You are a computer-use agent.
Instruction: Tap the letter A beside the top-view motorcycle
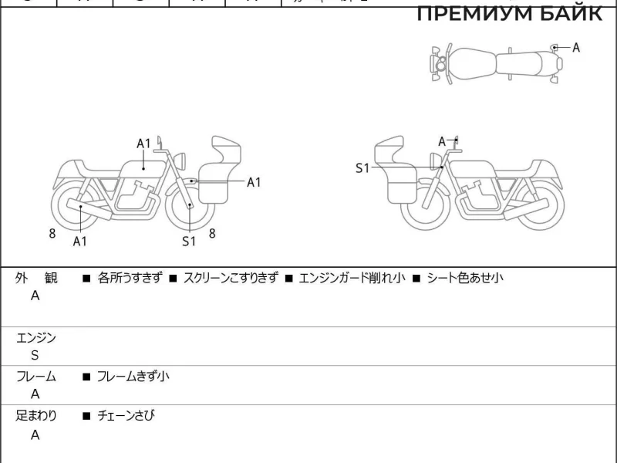(576, 48)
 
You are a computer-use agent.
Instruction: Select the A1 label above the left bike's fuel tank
(144, 144)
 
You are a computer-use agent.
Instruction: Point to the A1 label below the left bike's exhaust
(80, 242)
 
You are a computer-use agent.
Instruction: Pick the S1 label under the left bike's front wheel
(190, 242)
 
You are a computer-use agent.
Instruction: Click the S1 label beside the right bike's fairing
(362, 167)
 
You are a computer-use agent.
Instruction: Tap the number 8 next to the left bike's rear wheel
(52, 233)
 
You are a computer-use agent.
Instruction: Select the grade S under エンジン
(35, 356)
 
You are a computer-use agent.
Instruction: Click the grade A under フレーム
(35, 394)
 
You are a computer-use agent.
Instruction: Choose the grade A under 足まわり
(35, 434)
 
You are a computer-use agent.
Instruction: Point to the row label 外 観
(35, 278)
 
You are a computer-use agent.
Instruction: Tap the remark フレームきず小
(133, 377)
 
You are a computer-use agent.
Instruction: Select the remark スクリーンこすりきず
(230, 278)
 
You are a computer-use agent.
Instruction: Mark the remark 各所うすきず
(130, 278)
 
